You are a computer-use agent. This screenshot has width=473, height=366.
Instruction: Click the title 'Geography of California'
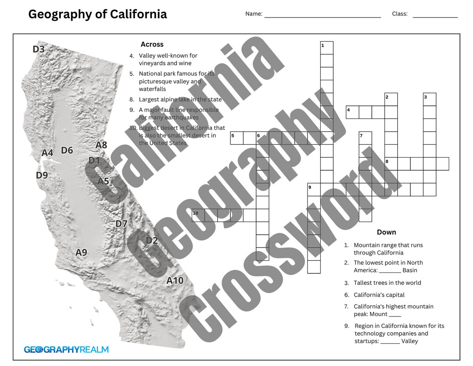98,14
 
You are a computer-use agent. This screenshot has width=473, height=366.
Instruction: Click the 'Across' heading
152,44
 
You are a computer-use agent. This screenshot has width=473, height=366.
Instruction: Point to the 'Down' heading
386,232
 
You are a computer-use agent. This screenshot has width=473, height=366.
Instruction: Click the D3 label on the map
39,49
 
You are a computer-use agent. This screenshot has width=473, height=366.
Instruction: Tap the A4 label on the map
47,153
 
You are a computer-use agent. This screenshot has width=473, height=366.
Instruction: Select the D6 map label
67,151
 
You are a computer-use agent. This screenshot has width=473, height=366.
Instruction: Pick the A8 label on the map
101,145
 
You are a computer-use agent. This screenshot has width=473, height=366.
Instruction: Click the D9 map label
42,176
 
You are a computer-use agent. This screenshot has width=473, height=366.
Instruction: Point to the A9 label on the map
81,252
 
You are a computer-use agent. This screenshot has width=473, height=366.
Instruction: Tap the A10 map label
175,280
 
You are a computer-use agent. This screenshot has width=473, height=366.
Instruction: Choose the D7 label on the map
121,224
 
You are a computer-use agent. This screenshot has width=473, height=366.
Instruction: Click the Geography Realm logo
66,350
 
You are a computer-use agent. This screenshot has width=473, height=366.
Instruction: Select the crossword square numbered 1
327,48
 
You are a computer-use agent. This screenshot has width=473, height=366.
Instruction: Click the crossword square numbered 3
430,99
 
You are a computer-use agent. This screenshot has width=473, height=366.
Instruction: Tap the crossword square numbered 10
198,215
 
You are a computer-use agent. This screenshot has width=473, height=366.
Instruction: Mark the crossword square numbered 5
237,138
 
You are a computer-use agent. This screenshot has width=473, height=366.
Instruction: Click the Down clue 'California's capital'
379,295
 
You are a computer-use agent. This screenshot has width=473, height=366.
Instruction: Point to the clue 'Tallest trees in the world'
387,283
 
